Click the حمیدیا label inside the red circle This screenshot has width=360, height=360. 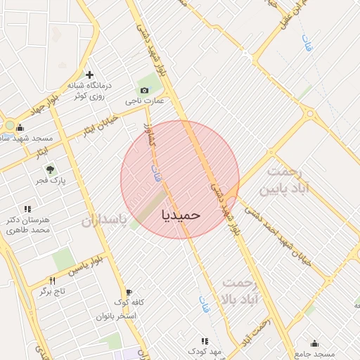pos(181,213)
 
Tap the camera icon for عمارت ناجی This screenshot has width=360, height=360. pos(145,90)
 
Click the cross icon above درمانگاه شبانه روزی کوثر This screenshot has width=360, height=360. pos(89,75)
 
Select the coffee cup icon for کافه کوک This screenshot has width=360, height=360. pos(128,292)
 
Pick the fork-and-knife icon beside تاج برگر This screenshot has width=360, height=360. pos(51,280)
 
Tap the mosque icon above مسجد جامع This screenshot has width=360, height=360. pos(314,344)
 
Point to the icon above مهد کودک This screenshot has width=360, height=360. pos(205,340)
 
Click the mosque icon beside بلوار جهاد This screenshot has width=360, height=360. pos(19,128)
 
